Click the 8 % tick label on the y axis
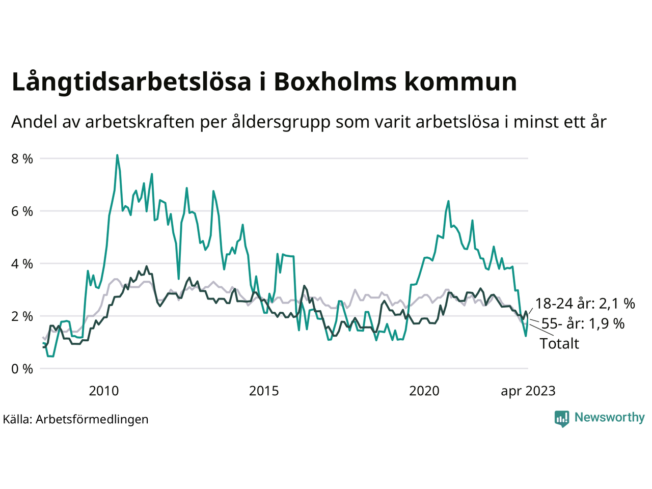click(22, 159)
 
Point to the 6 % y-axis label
click(22, 211)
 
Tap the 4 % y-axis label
click(22, 264)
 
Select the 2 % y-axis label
click(22, 316)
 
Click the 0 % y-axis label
click(22, 369)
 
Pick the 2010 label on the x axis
click(103, 391)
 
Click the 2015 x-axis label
click(264, 391)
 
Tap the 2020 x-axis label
click(424, 391)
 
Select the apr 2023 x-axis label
click(528, 391)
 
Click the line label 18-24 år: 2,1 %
click(585, 304)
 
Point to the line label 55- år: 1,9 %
click(583, 324)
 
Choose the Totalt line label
click(559, 344)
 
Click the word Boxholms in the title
click(335, 82)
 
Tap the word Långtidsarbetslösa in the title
click(131, 82)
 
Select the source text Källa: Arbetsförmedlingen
click(75, 419)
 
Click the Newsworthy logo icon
click(562, 418)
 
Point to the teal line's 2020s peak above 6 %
click(448, 201)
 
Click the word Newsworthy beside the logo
click(609, 418)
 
